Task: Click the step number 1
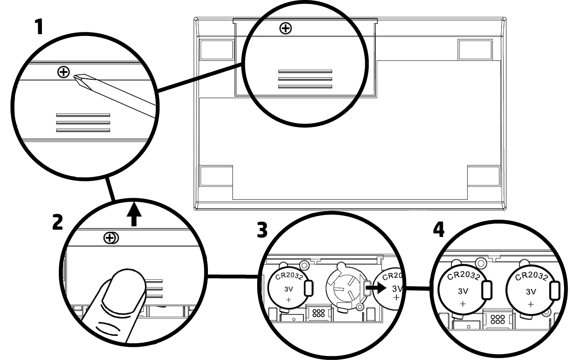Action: (x=41, y=28)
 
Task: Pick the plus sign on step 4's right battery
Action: (x=530, y=303)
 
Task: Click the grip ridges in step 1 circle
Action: (x=83, y=123)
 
